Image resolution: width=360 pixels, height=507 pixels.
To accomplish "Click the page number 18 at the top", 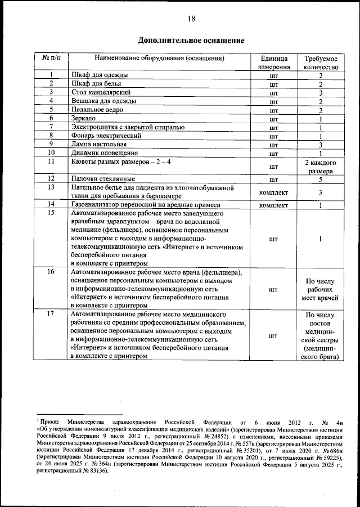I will coord(191,19).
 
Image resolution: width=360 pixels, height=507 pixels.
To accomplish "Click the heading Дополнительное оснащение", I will coord(191,41).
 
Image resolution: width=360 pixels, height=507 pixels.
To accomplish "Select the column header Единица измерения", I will coord(274,62).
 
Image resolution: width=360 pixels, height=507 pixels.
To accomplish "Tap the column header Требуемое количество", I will coord(320,62).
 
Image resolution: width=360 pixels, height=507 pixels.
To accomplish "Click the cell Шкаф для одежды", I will coord(100,75).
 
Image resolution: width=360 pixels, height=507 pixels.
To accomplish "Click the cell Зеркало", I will coord(84,119).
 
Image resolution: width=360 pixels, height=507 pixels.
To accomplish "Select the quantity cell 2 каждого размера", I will coord(320,167).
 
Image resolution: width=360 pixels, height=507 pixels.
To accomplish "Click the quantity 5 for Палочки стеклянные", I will coord(320,180).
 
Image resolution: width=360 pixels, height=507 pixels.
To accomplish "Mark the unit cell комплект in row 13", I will coord(274,192).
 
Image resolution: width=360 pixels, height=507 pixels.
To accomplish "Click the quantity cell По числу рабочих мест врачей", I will coord(320,288).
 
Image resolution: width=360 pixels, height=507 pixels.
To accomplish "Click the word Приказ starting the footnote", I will coord(50,421).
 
